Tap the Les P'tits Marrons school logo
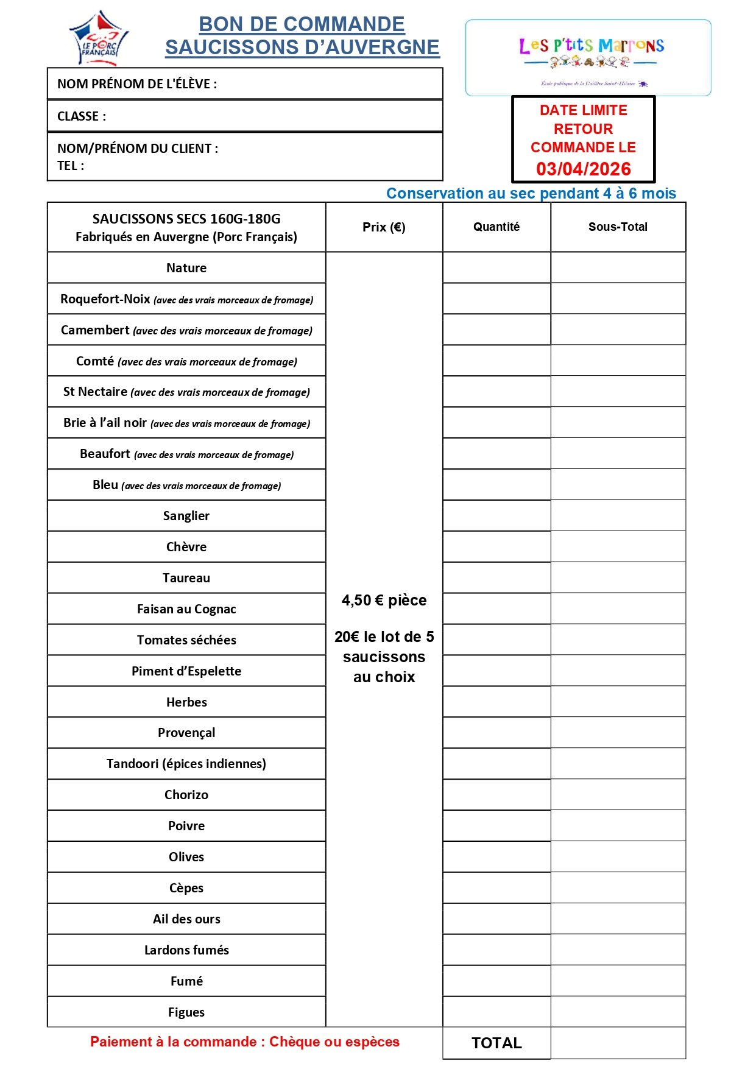[x=588, y=57]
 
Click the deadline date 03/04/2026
[x=583, y=169]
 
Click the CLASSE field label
[x=81, y=116]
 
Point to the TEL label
[x=70, y=166]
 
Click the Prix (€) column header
[x=384, y=227]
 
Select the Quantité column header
[x=496, y=227]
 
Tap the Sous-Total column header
[x=618, y=227]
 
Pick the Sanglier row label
[x=186, y=516]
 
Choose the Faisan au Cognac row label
[x=186, y=609]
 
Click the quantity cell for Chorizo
[x=496, y=795]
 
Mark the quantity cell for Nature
[x=496, y=268]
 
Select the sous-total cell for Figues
[x=618, y=1012]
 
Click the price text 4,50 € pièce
[x=384, y=601]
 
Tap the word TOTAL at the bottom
[x=496, y=1043]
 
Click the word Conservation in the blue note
[x=434, y=194]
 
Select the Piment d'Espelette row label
[x=186, y=671]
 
